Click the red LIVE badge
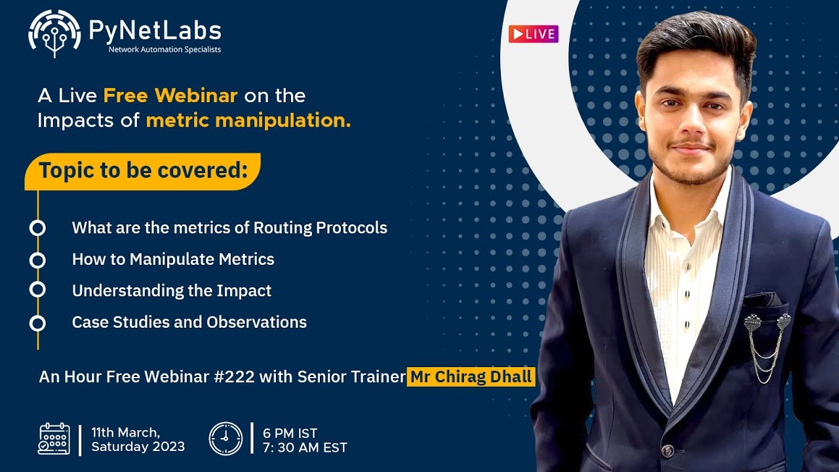pos(533,34)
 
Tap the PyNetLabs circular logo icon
pos(54,33)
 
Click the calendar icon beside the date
pos(54,439)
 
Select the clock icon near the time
pos(225,439)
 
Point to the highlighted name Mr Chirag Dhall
pos(471,377)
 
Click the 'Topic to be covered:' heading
pos(143,170)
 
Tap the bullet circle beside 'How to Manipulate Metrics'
pos(37,260)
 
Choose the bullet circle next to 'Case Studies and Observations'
pos(37,323)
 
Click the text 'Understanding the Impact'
pos(172,291)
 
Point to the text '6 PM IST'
pos(290,433)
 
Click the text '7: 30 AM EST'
pos(305,448)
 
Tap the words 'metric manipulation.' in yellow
pos(248,121)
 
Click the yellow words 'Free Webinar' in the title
pos(170,96)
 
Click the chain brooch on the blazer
pos(766,344)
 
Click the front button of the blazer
pos(667,450)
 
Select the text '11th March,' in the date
pos(125,433)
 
